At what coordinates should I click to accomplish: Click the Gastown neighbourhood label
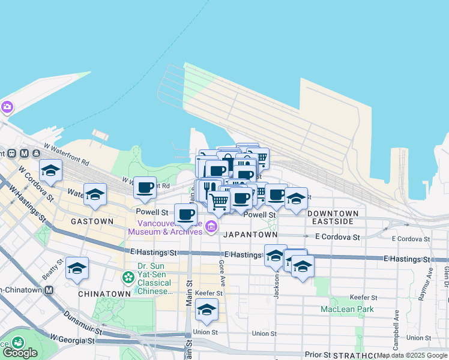92,221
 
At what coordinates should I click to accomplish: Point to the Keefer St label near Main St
209,294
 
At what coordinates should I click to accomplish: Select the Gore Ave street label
221,272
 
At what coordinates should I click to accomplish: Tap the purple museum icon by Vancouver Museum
211,227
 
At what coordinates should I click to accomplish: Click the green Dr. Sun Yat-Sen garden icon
128,277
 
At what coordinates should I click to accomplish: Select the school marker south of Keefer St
206,310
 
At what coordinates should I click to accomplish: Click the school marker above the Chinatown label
77,268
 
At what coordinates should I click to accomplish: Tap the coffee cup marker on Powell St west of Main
185,214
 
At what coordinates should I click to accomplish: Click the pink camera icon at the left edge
7,107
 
